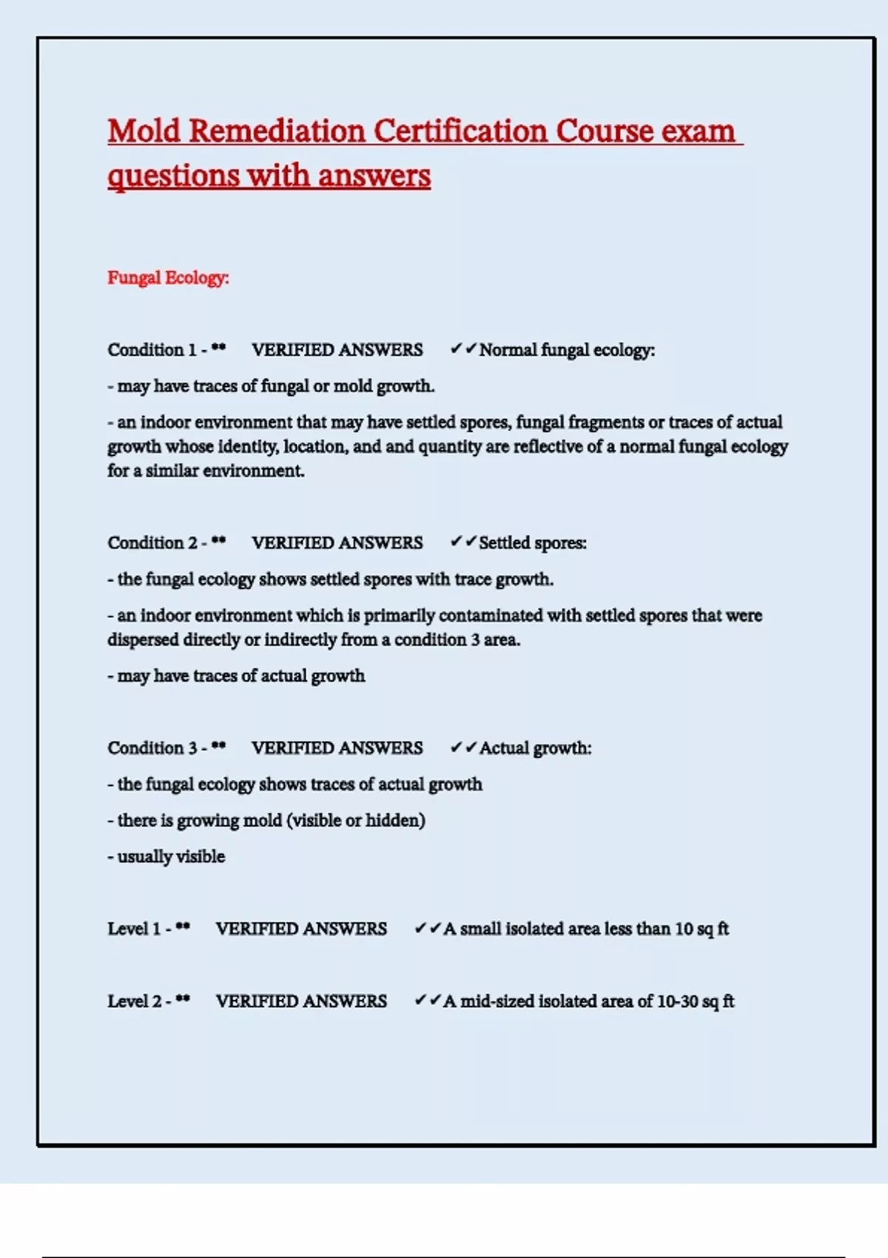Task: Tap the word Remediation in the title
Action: click(277, 131)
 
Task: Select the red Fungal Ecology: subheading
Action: click(168, 277)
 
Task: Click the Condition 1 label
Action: click(152, 349)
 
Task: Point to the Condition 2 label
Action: click(152, 542)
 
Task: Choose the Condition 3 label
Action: click(152, 747)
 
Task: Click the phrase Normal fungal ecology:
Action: click(567, 349)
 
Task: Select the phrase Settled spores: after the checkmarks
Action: click(533, 542)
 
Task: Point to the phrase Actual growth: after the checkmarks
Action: click(536, 747)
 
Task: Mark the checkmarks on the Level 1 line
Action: click(427, 928)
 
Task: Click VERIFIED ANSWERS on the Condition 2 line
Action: click(337, 542)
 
